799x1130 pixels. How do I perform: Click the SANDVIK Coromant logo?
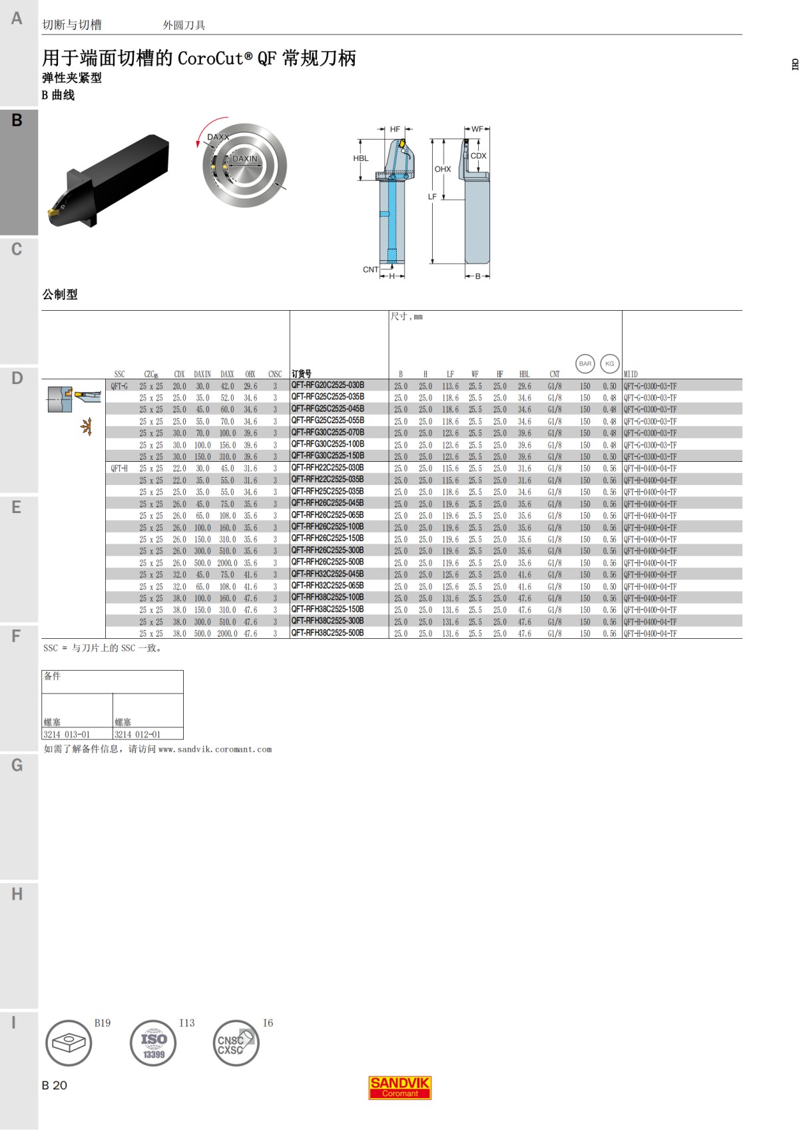pos(400,1087)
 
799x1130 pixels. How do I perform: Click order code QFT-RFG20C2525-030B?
pos(328,385)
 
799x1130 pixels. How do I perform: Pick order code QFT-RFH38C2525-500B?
pos(328,633)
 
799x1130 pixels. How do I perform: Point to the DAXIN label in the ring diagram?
pos(244,159)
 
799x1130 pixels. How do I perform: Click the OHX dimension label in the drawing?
pos(443,169)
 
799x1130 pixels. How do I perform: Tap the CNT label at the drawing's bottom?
pos(370,270)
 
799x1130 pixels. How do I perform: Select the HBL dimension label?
pos(360,158)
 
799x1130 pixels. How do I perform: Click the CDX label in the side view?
pos(479,156)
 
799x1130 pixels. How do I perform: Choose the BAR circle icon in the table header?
pos(585,363)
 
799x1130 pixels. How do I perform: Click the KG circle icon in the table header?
pos(609,363)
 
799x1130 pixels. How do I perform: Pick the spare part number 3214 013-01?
pos(67,734)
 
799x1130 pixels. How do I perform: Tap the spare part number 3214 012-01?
pos(137,734)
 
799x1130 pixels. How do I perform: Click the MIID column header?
pos(631,374)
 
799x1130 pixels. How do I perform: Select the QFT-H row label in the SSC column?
pos(119,468)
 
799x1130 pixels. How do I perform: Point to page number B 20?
pos(55,1085)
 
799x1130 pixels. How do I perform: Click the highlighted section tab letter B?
pos(17,120)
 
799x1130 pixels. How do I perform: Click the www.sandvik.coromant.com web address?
pos(215,749)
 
